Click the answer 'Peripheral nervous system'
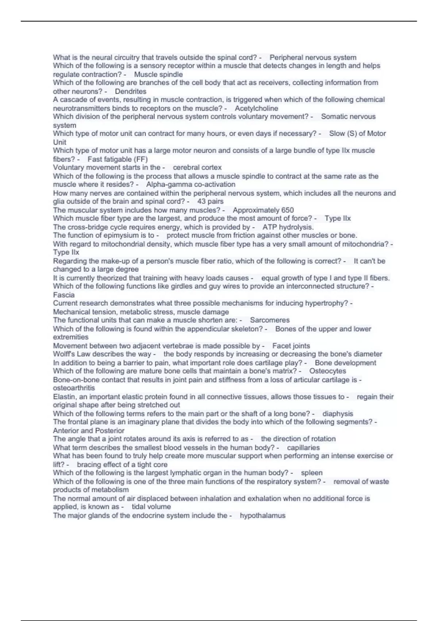pyautogui.click(x=313, y=57)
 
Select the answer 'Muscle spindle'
pyautogui.click(x=158, y=75)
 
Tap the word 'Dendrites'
pyautogui.click(x=131, y=91)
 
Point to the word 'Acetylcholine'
pyautogui.click(x=256, y=108)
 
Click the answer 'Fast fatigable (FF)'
pyautogui.click(x=118, y=159)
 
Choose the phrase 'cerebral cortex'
pyautogui.click(x=197, y=167)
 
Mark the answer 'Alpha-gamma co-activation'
pyautogui.click(x=191, y=184)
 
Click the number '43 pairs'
pyautogui.click(x=210, y=201)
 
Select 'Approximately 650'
pyautogui.click(x=263, y=210)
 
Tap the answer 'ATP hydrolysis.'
pyautogui.click(x=288, y=227)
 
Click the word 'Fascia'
pyautogui.click(x=64, y=295)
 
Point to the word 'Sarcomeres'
pyautogui.click(x=270, y=320)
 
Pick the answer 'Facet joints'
pyautogui.click(x=291, y=346)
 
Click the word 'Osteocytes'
pyautogui.click(x=328, y=371)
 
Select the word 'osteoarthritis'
pyautogui.click(x=74, y=388)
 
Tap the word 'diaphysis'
pyautogui.click(x=338, y=414)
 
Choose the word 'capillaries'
pyautogui.click(x=303, y=447)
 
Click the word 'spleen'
pyautogui.click(x=312, y=473)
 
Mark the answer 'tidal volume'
pyautogui.click(x=151, y=507)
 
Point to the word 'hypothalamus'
pyautogui.click(x=262, y=515)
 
